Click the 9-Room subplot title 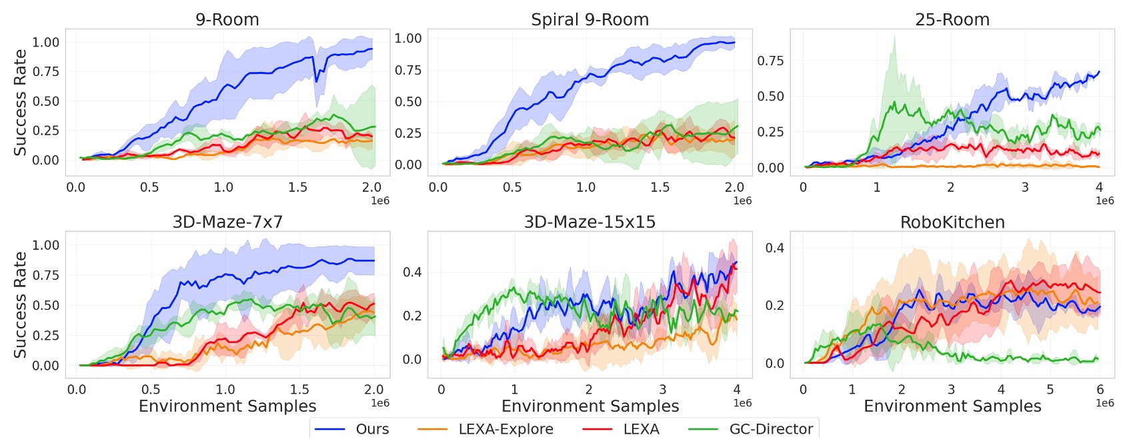coord(227,19)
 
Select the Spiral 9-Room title coord(590,19)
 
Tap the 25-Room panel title coord(952,19)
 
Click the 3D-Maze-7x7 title coord(227,222)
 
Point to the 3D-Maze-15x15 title coord(590,222)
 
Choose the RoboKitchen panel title coord(952,222)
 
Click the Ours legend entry coord(371,429)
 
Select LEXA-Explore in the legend coord(505,429)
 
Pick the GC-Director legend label coord(771,429)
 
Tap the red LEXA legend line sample coord(598,430)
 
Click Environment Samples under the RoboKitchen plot coord(952,406)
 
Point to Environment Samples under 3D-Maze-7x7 coord(227,406)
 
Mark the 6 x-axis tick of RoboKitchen coord(1100,390)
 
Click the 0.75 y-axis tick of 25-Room coord(770,61)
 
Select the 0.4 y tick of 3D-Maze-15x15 coord(412,272)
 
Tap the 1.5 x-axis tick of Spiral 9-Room coord(660,187)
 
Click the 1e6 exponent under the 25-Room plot coord(1104,201)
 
